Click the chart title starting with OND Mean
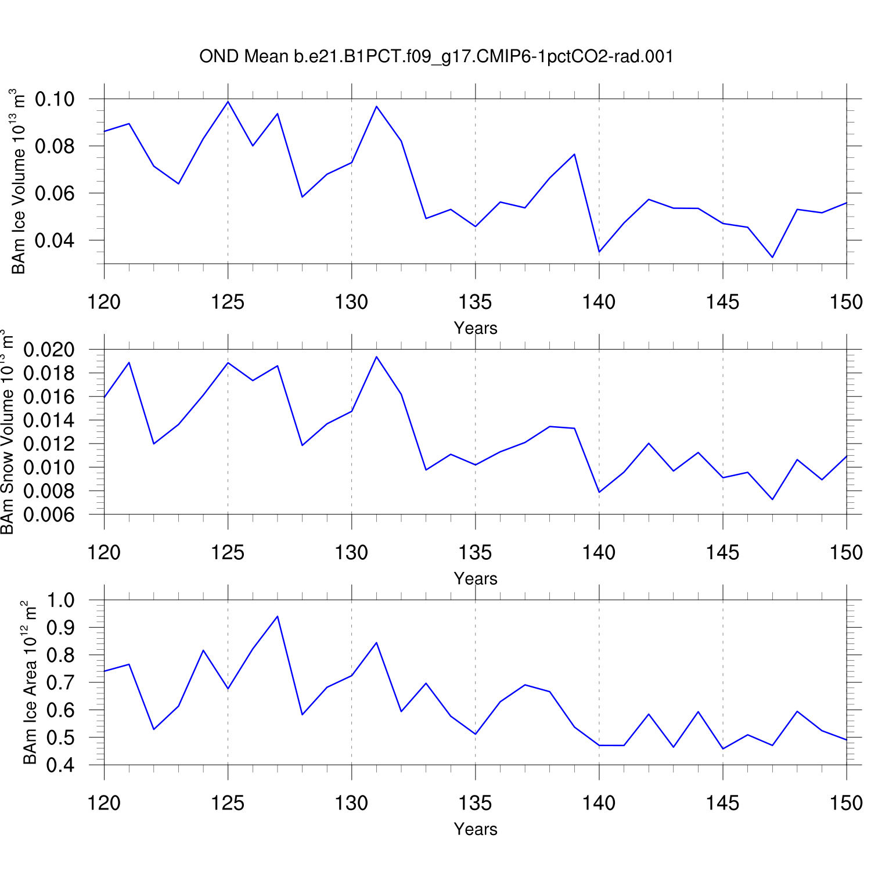click(436, 56)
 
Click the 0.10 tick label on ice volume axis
click(55, 99)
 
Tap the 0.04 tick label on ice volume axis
click(55, 240)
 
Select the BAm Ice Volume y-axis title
click(19, 181)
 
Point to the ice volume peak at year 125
click(228, 102)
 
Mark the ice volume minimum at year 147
click(772, 257)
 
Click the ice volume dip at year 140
click(599, 252)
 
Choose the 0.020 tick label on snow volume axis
click(49, 350)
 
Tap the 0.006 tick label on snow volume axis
click(49, 514)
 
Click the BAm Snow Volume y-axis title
click(7, 433)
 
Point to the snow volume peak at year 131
click(376, 357)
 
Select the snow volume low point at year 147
click(772, 499)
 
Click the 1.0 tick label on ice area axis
click(60, 600)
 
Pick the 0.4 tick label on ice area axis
click(60, 765)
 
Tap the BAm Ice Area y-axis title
click(30, 683)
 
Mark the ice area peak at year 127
click(278, 616)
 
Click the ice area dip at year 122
click(154, 729)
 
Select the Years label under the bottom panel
click(476, 829)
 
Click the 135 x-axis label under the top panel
click(475, 302)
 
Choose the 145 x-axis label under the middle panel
click(722, 552)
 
